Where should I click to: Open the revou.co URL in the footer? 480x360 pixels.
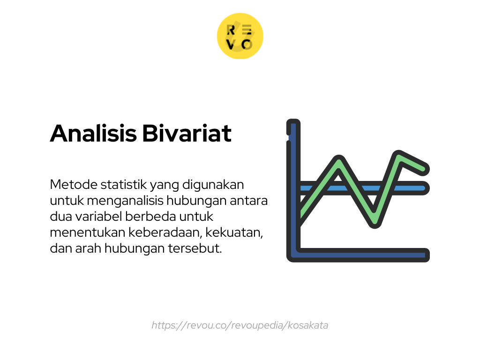coord(240,325)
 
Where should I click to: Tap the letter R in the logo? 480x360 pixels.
coord(231,30)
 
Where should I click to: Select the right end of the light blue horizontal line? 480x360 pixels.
coord(424,188)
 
